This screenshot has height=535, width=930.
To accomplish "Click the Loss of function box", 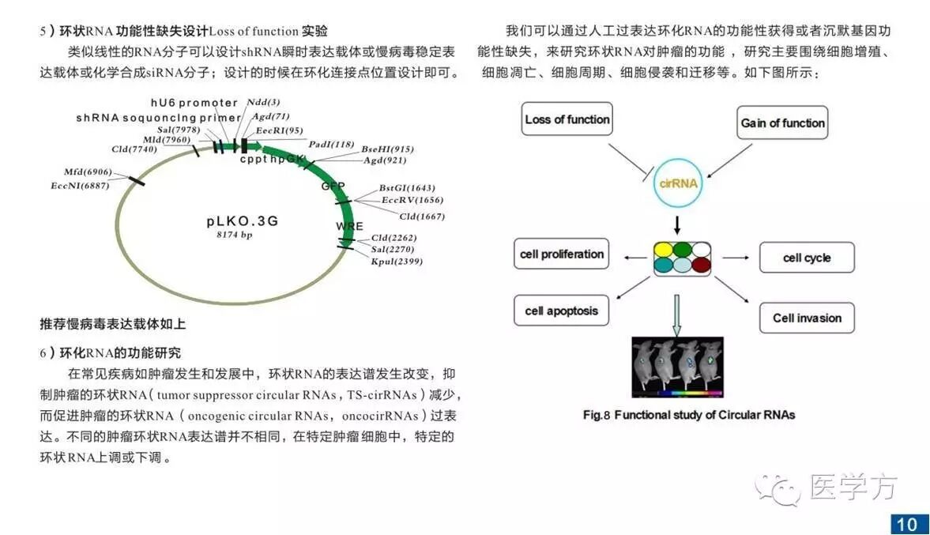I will tap(567, 120).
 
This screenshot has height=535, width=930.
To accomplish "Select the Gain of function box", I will tap(782, 123).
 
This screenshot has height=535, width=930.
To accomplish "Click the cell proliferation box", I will tap(562, 254).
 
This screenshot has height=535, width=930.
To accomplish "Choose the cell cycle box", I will tap(807, 258).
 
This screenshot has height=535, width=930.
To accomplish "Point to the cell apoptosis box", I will tap(562, 311).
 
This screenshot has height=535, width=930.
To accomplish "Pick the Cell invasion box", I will tap(807, 318).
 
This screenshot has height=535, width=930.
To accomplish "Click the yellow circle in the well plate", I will tap(665, 250).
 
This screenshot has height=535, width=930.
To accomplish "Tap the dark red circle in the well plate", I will tap(701, 266).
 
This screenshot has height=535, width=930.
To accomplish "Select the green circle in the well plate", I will tap(683, 250).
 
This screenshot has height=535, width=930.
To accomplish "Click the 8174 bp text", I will tap(235, 235).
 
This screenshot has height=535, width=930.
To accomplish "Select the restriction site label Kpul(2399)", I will tap(397, 261).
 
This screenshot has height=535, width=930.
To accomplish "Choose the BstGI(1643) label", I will tap(407, 188).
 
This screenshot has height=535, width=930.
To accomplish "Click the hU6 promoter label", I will tap(194, 103).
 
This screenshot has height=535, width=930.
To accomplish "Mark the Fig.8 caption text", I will tap(688, 414).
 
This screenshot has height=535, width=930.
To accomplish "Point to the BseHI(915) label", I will tap(387, 149).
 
